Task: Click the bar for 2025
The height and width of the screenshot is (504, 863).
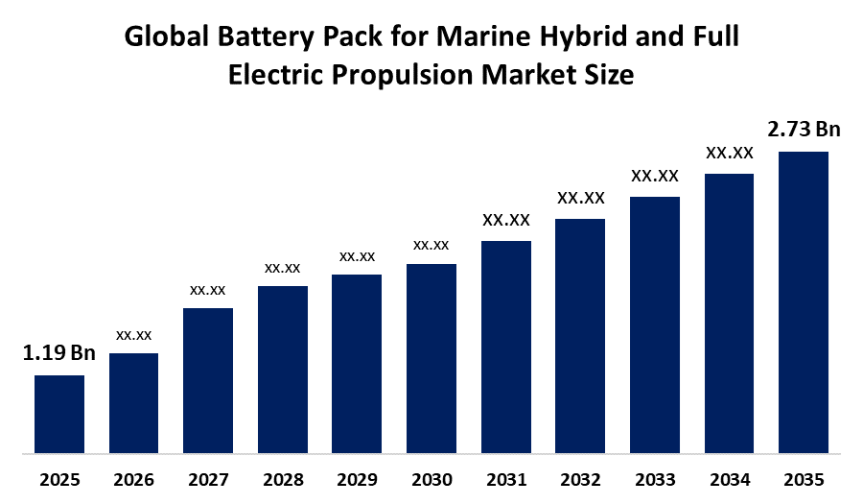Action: [59, 413]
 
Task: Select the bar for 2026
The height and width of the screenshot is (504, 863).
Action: [133, 402]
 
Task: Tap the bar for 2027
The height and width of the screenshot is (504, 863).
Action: [208, 379]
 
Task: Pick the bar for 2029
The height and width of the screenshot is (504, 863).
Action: [357, 363]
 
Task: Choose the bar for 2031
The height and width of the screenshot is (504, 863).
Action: [505, 346]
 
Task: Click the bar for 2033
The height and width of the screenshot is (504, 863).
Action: [655, 324]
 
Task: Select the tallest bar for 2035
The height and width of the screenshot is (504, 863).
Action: [803, 301]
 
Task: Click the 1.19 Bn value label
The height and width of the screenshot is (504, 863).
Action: [59, 354]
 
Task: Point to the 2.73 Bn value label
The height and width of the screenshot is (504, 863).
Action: [804, 130]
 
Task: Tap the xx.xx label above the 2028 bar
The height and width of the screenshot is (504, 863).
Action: [283, 267]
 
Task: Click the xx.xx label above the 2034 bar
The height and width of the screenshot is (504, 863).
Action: [730, 153]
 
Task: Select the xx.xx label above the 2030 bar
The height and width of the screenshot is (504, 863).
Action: [431, 245]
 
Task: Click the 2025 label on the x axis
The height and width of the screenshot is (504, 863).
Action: [59, 479]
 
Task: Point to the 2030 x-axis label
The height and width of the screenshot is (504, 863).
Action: [431, 479]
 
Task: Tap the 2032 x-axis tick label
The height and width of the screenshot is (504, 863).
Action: [580, 479]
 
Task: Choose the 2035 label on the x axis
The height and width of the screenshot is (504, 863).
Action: [803, 479]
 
